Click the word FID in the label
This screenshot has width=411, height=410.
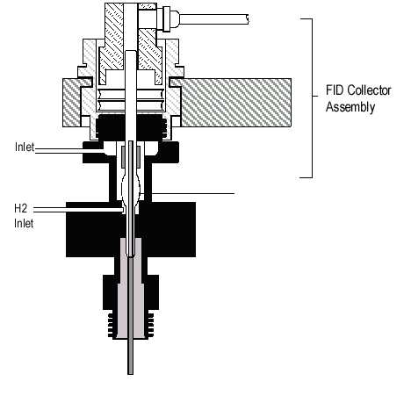pos(335,90)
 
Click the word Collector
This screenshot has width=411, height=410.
pos(370,90)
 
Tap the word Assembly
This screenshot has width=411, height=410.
pos(350,107)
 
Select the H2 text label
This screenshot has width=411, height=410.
pos(21,208)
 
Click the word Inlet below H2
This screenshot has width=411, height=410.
pos(24,223)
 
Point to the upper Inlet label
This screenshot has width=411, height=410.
pos(25,147)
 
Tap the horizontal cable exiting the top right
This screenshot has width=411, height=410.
pos(213,19)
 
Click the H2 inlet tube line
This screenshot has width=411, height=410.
pos(78,209)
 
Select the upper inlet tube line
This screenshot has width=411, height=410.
pos(69,151)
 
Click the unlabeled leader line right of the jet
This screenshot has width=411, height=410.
pos(193,193)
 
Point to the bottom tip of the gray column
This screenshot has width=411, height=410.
pos(130,374)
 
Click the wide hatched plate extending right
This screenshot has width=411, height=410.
pos(236,103)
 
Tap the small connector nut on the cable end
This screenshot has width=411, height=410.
pos(166,19)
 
